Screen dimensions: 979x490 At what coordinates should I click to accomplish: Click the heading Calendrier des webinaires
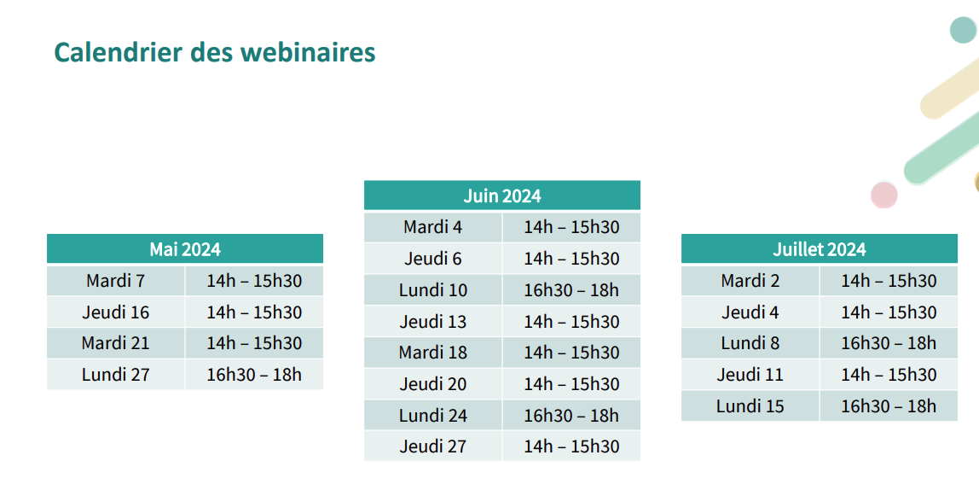pyautogui.click(x=215, y=53)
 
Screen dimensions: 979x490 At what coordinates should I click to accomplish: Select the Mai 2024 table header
pyautogui.click(x=185, y=248)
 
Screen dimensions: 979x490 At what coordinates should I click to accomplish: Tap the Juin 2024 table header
pyautogui.click(x=502, y=195)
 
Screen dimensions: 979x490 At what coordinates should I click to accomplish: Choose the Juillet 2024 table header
pyautogui.click(x=820, y=248)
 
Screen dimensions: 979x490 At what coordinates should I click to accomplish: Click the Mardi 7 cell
pyautogui.click(x=115, y=281)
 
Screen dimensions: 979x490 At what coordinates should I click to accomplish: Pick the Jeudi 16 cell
pyautogui.click(x=115, y=312)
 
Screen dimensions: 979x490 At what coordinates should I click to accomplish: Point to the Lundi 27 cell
pyautogui.click(x=115, y=375)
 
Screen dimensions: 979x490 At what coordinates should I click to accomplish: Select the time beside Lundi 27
pyautogui.click(x=254, y=375)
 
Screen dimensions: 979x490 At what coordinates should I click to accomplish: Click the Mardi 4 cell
pyautogui.click(x=432, y=227)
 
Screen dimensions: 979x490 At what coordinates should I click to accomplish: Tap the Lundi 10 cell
pyautogui.click(x=432, y=290)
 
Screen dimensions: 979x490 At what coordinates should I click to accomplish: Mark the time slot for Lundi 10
pyautogui.click(x=571, y=290)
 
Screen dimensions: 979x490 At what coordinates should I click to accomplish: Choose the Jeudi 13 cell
pyautogui.click(x=432, y=321)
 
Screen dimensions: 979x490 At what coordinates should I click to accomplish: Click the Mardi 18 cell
pyautogui.click(x=432, y=353)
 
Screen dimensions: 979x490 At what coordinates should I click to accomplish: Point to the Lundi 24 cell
pyautogui.click(x=432, y=415)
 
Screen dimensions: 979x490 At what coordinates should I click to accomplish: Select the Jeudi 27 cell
pyautogui.click(x=432, y=446)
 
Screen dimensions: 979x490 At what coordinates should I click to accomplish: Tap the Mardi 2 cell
pyautogui.click(x=750, y=281)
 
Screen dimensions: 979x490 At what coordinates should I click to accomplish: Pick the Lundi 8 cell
pyautogui.click(x=750, y=343)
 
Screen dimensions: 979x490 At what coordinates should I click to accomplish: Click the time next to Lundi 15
pyautogui.click(x=889, y=406)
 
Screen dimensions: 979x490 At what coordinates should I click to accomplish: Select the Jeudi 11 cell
pyautogui.click(x=750, y=375)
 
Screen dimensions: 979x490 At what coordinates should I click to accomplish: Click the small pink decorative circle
pyautogui.click(x=884, y=195)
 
